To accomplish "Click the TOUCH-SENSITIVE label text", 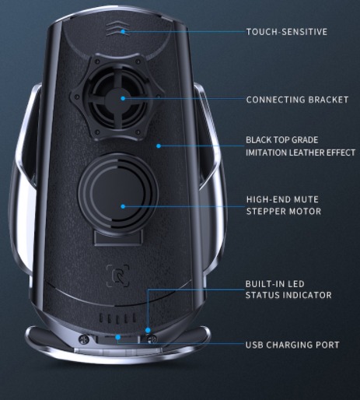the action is pos(287,32).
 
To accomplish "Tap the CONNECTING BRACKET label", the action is pos(297,100).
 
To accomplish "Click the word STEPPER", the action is pos(267,212).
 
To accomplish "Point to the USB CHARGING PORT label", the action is pos(292,345).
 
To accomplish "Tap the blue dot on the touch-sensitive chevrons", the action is pos(124,32).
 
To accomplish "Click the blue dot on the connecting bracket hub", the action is pos(123,98).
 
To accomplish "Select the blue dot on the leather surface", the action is pos(159,146).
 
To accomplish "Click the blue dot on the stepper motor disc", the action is pos(123,206).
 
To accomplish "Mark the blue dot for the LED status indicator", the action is pos(148,330).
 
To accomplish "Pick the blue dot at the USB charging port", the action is pos(118,337).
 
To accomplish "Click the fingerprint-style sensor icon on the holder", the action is pos(118,275).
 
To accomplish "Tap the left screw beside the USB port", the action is pos(84,339).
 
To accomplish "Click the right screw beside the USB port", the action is pos(152,339).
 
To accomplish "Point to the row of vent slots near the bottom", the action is pos(117,318).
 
